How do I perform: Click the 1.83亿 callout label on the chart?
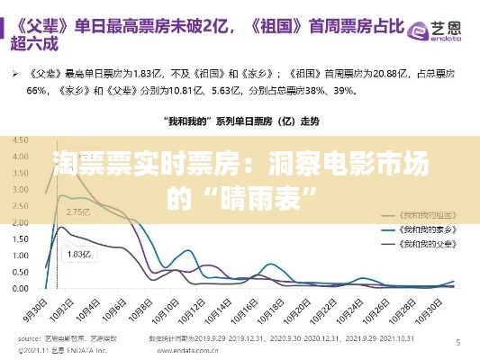click(80, 255)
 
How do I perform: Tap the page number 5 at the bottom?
click(458, 342)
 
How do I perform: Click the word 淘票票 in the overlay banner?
click(91, 164)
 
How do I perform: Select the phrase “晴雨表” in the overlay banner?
click(269, 195)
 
